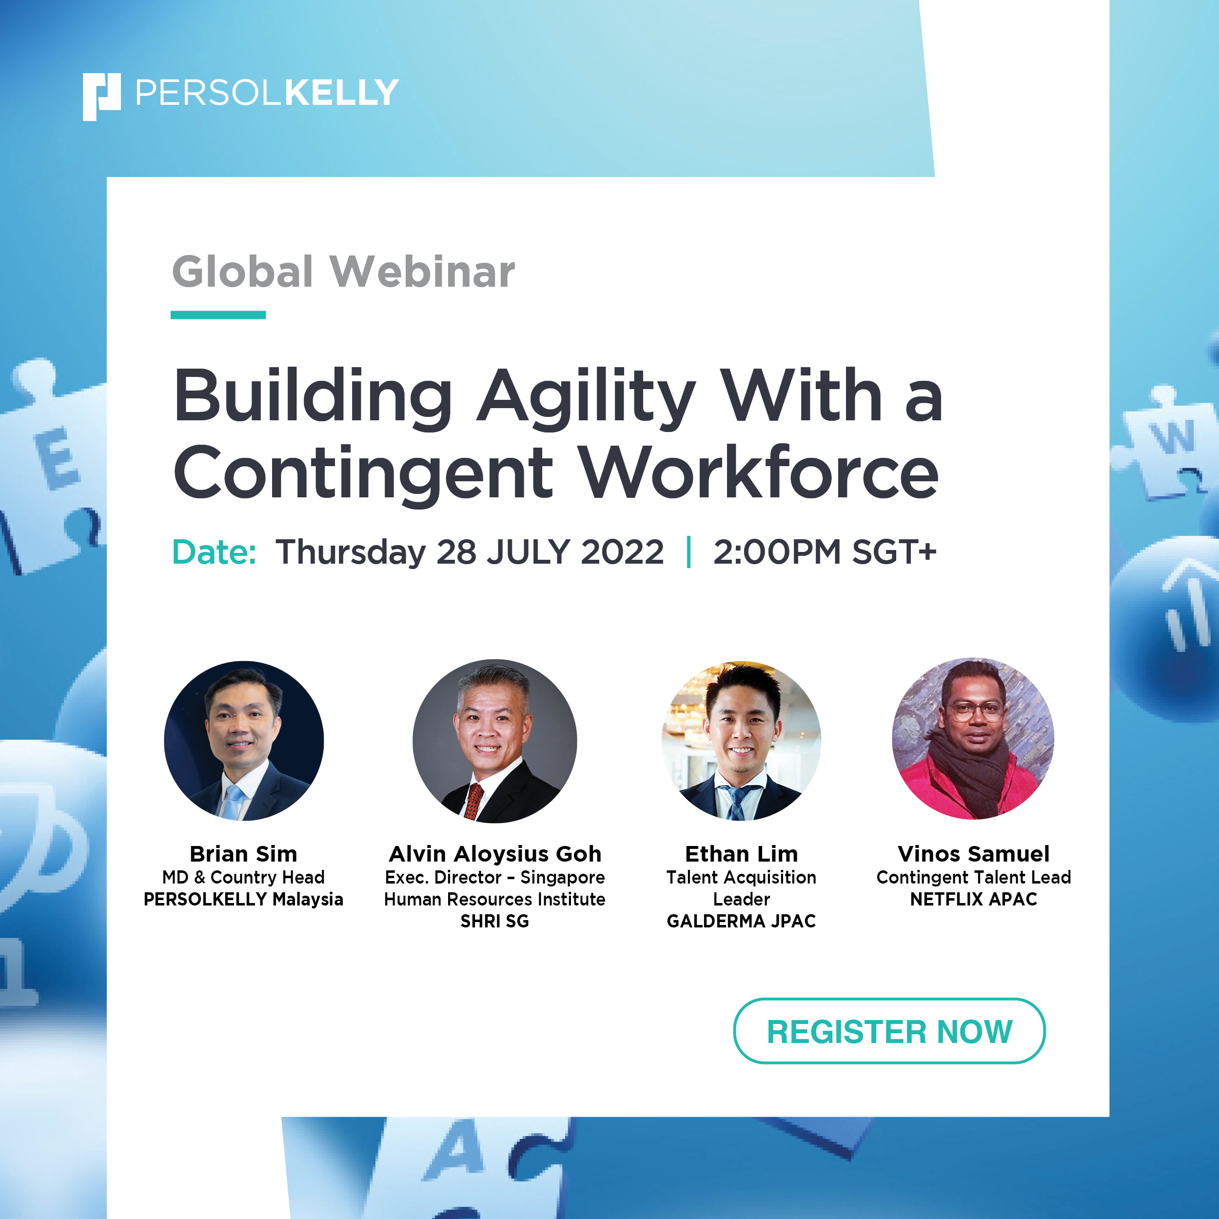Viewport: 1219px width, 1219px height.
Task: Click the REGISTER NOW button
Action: coord(888,1031)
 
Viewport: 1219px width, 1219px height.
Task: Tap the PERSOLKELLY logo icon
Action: coord(101,97)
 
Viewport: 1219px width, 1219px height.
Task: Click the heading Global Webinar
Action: coord(343,272)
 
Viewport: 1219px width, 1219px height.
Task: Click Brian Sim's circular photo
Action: coord(243,741)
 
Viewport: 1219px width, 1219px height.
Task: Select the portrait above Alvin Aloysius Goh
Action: coord(494,741)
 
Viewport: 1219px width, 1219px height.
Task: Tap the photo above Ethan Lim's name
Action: coord(741,741)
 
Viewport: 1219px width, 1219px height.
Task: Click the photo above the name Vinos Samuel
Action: coord(973,739)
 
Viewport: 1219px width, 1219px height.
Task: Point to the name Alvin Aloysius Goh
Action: coord(495,854)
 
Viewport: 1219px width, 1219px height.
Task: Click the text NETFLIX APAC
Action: coord(974,899)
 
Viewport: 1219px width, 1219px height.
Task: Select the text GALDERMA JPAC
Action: coord(741,921)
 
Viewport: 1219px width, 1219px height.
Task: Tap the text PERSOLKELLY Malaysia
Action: coord(243,899)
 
